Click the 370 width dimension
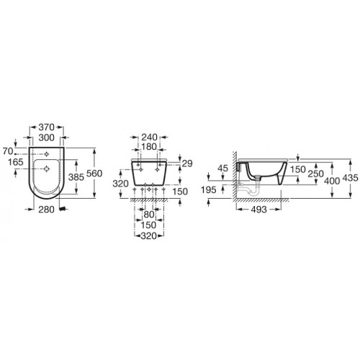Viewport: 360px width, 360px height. coord(46,127)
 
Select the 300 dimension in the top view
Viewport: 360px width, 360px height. coord(46,138)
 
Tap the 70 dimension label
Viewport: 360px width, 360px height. coord(8,151)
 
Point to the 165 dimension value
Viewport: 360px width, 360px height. coord(16,162)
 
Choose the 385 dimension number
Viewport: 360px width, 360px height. coord(76,177)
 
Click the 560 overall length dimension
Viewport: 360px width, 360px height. coord(94,174)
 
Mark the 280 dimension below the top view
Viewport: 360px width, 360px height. coord(46,210)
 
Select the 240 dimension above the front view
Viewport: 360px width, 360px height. coord(149,138)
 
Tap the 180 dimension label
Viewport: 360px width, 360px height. coord(149,147)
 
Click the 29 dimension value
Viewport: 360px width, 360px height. coord(187,163)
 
